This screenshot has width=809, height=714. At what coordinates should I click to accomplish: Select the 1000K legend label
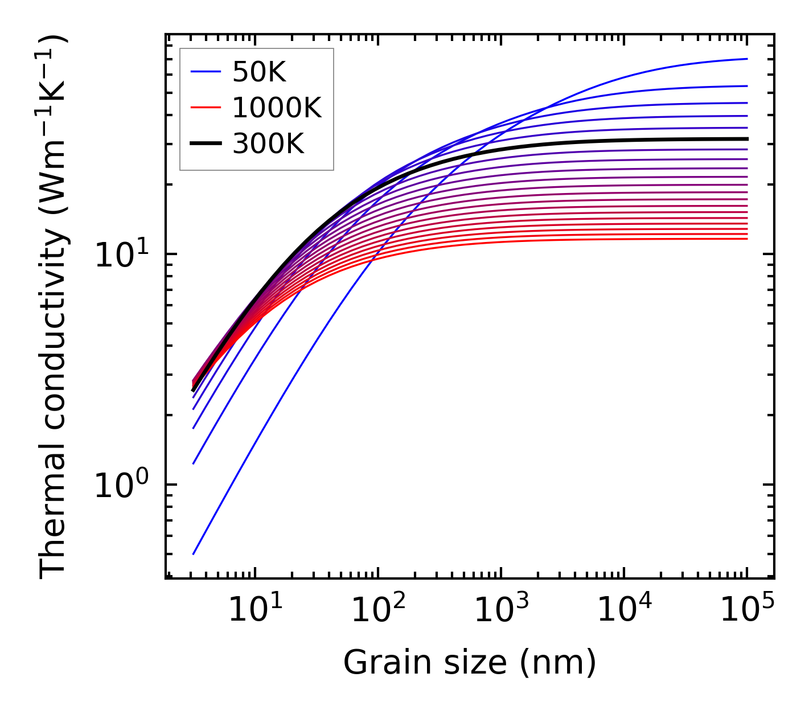(x=277, y=108)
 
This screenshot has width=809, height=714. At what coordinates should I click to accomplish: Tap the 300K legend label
(x=268, y=144)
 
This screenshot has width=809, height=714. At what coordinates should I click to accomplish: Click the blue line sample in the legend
(x=205, y=72)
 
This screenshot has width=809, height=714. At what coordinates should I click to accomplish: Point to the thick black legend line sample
(x=205, y=144)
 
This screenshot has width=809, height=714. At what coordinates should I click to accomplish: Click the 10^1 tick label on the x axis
(x=254, y=612)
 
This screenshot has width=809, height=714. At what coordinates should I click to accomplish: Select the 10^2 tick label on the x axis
(x=377, y=612)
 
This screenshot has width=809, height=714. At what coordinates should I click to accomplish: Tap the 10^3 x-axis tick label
(x=500, y=612)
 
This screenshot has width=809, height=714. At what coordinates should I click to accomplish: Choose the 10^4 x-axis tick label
(x=623, y=612)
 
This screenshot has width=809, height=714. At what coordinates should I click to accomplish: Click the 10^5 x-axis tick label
(x=747, y=612)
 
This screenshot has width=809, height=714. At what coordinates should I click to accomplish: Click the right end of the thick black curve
(x=746, y=138)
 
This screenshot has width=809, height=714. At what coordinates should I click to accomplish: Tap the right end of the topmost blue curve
(x=746, y=59)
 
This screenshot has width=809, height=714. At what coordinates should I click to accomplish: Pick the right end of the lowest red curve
(x=746, y=239)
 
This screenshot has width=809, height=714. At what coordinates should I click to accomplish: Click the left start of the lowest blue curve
(x=194, y=553)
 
